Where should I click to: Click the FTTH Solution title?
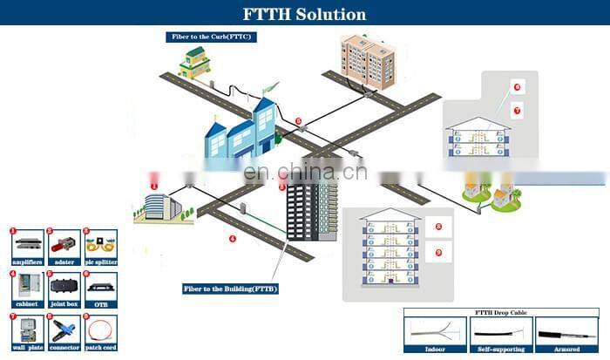coord(304,14)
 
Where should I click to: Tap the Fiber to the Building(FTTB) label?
coord(230,289)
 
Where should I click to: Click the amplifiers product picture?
coord(25,244)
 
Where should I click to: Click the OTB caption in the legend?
coord(98,304)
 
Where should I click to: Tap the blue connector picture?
coord(62,329)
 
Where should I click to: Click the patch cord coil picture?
coord(98,329)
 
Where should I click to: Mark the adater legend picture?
coord(62,244)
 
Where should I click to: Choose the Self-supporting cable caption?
coord(501,348)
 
